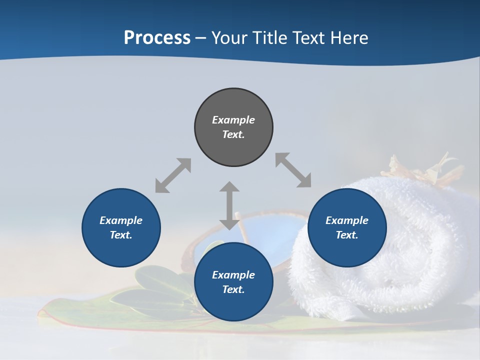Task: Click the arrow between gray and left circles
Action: (x=173, y=175)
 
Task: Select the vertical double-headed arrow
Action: (x=229, y=205)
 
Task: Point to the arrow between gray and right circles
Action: (x=293, y=170)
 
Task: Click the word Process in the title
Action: (x=157, y=37)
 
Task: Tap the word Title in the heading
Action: (x=270, y=37)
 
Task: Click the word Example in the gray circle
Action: (x=233, y=120)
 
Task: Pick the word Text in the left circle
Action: (x=121, y=235)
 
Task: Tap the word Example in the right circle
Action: (x=347, y=220)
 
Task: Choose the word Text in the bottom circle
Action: (x=233, y=289)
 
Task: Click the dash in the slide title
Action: (x=201, y=38)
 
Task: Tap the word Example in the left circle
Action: (x=121, y=220)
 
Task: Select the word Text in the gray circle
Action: (x=233, y=134)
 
